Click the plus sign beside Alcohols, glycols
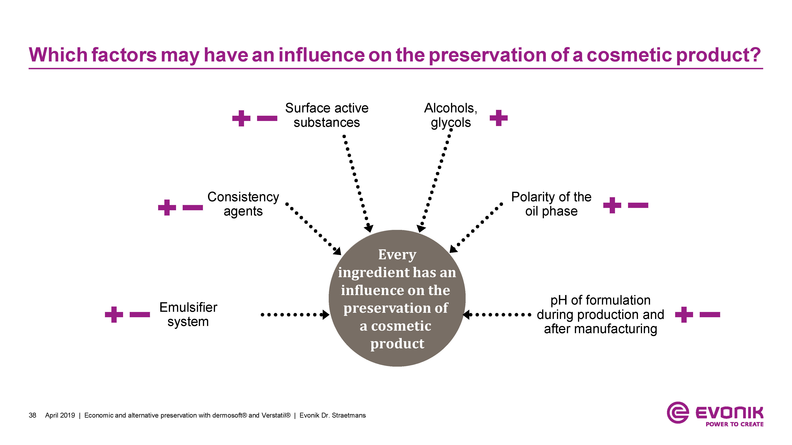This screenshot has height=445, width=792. pos(498,118)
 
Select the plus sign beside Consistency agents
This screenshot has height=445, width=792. pos(167,207)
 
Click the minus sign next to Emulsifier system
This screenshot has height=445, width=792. pos(140,314)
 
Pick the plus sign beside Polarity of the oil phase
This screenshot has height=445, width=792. pos(612,205)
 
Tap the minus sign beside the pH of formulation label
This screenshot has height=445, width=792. pos(710,314)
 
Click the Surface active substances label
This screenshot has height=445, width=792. pos(327,115)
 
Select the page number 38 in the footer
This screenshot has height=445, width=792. pos(32,415)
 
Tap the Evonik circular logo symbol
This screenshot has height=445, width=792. pos(677,413)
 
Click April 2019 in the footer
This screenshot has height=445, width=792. pos(60,415)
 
